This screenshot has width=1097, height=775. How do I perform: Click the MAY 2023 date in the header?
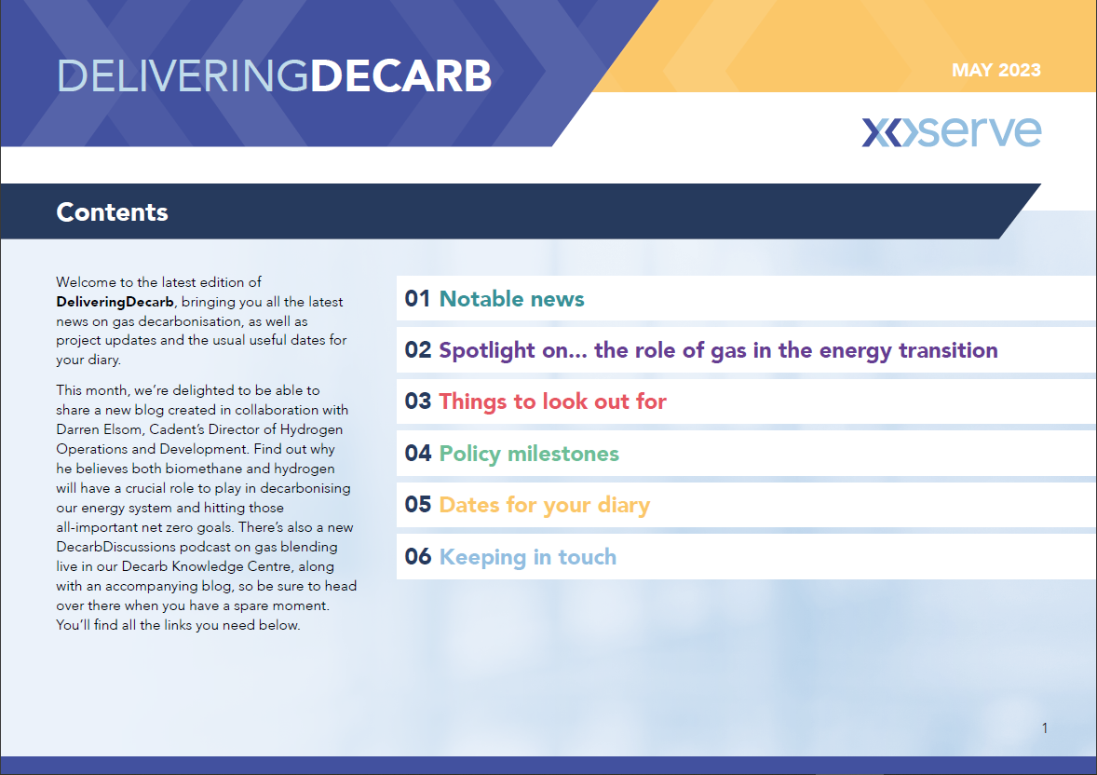click(995, 70)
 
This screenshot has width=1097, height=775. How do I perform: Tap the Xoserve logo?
click(952, 131)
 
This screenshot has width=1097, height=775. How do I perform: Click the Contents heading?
click(112, 212)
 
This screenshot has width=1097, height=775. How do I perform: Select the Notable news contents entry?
click(511, 299)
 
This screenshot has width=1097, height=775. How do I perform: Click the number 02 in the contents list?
click(418, 350)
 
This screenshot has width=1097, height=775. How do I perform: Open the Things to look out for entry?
click(552, 401)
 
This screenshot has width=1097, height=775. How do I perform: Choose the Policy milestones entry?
click(529, 454)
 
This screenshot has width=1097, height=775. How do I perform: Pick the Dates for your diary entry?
click(544, 505)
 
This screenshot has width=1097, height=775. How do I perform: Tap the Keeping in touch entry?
click(527, 557)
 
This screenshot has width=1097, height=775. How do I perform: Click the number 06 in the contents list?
click(418, 557)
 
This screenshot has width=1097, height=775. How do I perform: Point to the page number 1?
click(1045, 728)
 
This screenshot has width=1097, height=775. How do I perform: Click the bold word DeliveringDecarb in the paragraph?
click(115, 302)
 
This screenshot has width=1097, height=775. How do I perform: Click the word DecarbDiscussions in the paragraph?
click(116, 547)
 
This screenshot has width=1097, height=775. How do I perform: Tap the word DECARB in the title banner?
click(400, 75)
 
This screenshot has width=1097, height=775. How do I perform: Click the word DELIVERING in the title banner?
click(183, 75)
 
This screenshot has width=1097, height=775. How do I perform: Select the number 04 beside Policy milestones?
click(418, 453)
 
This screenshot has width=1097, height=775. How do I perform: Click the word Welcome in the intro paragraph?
click(86, 282)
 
